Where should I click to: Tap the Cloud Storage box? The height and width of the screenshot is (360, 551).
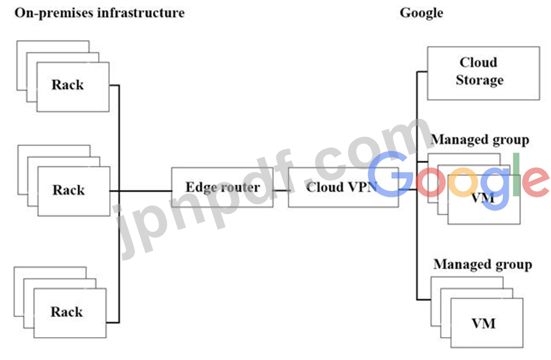pos(483,72)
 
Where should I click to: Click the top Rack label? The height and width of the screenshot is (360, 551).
pos(68,85)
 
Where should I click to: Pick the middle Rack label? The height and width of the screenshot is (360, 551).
pos(69,190)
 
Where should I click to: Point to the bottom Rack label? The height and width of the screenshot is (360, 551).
pos(66,312)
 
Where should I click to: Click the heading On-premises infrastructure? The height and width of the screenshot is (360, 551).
pos(99,13)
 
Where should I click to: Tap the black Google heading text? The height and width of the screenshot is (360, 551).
pos(421,13)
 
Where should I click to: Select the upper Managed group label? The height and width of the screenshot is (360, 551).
pos(480,140)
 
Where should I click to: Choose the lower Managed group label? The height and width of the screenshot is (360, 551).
pos(482,265)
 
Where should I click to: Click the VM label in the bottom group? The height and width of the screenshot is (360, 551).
pos(483,323)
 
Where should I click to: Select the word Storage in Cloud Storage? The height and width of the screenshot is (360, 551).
pos(480,80)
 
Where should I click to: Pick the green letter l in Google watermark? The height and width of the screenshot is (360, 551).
pos(515,175)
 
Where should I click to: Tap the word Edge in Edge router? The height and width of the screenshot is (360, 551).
pos(199,188)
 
